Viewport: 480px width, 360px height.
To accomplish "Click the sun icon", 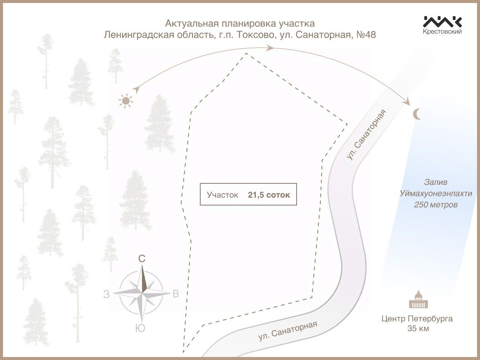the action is tap(126, 100).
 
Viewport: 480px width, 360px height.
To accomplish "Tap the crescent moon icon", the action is tap(417, 114).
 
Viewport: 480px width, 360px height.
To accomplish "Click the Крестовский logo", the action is tap(442, 25).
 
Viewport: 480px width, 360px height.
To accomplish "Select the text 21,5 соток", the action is tap(269, 195).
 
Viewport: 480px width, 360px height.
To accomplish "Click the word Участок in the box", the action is tap(222, 195).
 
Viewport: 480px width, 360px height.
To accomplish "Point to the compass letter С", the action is tap(142, 259).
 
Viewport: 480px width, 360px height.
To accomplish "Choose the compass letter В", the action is tap(175, 294).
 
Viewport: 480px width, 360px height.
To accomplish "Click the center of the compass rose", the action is tap(142, 293).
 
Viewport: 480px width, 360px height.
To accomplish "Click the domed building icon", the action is tap(417, 300).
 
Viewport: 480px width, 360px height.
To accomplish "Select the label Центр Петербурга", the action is tap(417, 319).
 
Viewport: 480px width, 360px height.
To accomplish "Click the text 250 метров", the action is tap(436, 205).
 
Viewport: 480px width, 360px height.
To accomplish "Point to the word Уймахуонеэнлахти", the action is tap(436, 193).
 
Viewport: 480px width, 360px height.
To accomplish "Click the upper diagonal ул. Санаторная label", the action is tap(366, 135).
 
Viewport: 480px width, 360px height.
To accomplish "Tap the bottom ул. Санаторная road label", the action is tap(288, 331).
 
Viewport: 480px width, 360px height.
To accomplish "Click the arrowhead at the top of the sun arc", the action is tap(269, 48).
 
